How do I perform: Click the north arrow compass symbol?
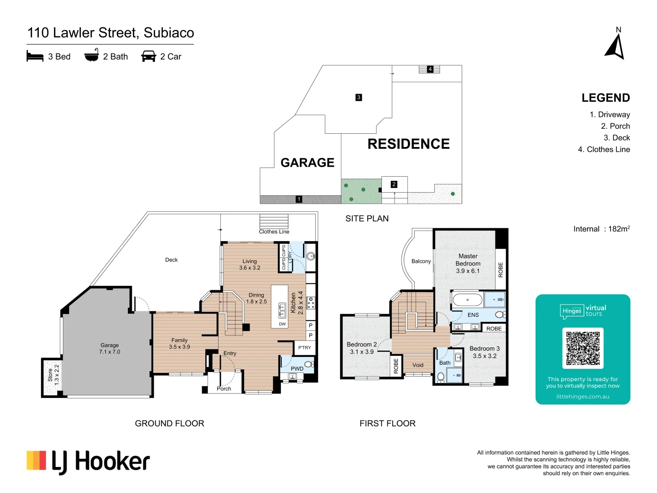point(615,47)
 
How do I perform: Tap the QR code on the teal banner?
point(583,348)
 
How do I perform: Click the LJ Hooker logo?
point(88,462)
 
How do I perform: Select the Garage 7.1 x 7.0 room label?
point(109,349)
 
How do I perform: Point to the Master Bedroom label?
point(468,263)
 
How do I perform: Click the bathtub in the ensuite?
point(467,300)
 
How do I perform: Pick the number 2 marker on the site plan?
point(394,184)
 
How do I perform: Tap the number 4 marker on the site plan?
point(430,69)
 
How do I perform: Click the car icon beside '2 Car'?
point(149,57)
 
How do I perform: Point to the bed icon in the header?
point(35,57)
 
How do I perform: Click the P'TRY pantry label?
point(304,348)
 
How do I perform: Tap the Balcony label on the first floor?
point(421,262)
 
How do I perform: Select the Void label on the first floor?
point(418,365)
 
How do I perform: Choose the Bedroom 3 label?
point(485,352)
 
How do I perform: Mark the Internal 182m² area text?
point(601,229)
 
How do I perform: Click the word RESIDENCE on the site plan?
point(408,144)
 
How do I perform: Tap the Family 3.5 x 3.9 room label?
point(179,344)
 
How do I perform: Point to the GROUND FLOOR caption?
point(169,424)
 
